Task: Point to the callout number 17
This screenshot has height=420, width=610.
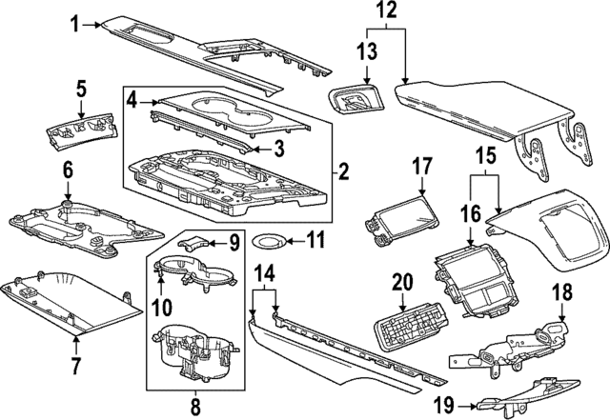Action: tap(422, 166)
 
